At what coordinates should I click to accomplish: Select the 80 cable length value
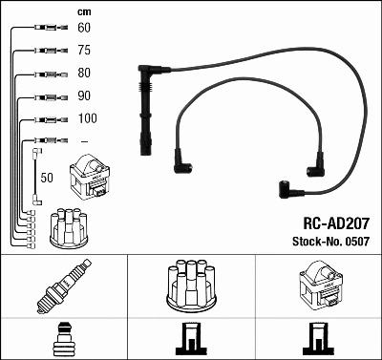click(x=83, y=74)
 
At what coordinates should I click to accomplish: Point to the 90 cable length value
click(x=83, y=95)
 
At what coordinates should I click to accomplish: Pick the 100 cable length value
click(x=86, y=118)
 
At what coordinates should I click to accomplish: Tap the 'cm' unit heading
click(x=85, y=11)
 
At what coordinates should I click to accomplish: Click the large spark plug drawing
click(x=63, y=286)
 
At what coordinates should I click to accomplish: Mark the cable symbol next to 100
click(x=45, y=118)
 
